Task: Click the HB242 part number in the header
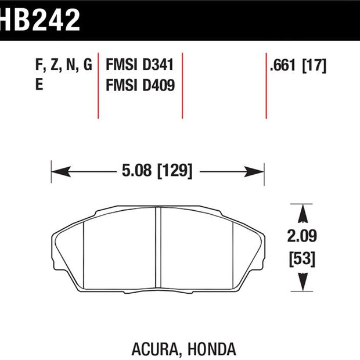click(39, 20)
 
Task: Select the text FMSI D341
click(139, 65)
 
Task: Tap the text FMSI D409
click(141, 85)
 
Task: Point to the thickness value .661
click(283, 66)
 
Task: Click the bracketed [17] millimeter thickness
click(314, 66)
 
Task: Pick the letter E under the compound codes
click(39, 84)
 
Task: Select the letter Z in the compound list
click(55, 64)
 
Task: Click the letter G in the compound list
click(88, 64)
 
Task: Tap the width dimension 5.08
click(137, 170)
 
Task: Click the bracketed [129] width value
click(175, 171)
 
